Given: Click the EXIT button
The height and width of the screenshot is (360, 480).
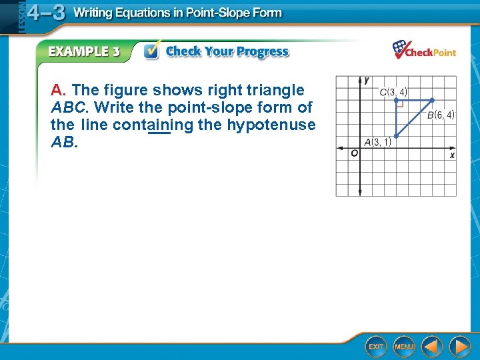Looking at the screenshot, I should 377,347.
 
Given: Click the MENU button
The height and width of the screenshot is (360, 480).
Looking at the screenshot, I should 404,347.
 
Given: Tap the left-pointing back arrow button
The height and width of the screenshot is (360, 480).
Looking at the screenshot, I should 432,347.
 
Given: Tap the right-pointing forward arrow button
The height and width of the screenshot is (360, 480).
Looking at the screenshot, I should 459,347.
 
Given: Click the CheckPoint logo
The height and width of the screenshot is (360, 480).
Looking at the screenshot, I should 424,50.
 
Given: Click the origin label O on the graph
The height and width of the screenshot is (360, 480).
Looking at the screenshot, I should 353,153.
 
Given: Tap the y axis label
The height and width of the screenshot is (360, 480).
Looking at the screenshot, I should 366,80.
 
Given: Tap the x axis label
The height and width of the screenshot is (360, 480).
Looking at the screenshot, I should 451,155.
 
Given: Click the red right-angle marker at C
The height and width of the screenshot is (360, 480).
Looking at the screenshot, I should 400,103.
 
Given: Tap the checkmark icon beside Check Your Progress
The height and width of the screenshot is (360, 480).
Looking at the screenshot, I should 151,51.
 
